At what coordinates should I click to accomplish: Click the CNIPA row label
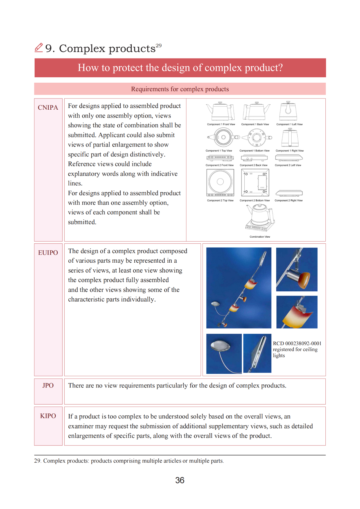[48, 108]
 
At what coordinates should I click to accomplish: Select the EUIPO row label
[48, 253]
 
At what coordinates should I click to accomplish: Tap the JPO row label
[48, 385]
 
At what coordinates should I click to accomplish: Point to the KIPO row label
[48, 416]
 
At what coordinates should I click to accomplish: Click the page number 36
[180, 480]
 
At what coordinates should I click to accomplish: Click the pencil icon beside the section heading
[39, 48]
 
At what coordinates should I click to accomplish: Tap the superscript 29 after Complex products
[159, 45]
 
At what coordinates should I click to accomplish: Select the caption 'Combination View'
[260, 237]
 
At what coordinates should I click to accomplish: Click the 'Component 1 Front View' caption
[221, 124]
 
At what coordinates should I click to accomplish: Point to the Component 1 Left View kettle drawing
[288, 111]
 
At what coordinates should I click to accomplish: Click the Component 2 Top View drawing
[220, 182]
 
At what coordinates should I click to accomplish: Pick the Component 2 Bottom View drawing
[255, 182]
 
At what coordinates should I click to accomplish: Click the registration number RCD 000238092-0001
[297, 343]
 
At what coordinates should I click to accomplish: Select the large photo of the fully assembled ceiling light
[239, 288]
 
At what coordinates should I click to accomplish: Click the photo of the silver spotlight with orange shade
[297, 269]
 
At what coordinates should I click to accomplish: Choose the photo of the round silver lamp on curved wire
[224, 353]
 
